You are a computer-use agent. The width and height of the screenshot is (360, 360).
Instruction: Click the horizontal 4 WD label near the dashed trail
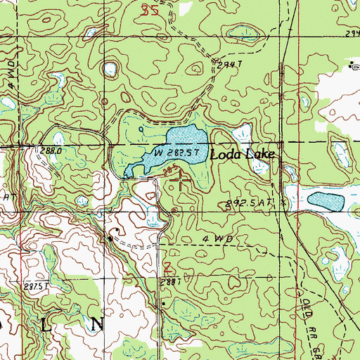click(217, 240)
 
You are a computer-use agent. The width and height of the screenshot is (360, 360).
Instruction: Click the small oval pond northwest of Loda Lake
click(110, 70)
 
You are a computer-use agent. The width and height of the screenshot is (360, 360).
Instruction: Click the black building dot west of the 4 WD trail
click(110, 238)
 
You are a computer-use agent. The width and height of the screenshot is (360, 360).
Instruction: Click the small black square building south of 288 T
click(163, 304)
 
